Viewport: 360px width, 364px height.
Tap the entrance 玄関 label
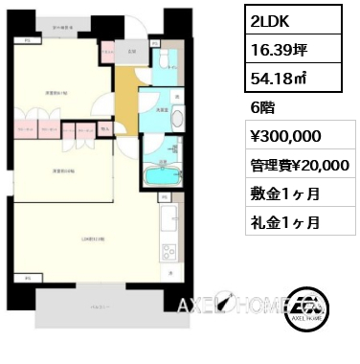click(131, 50)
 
